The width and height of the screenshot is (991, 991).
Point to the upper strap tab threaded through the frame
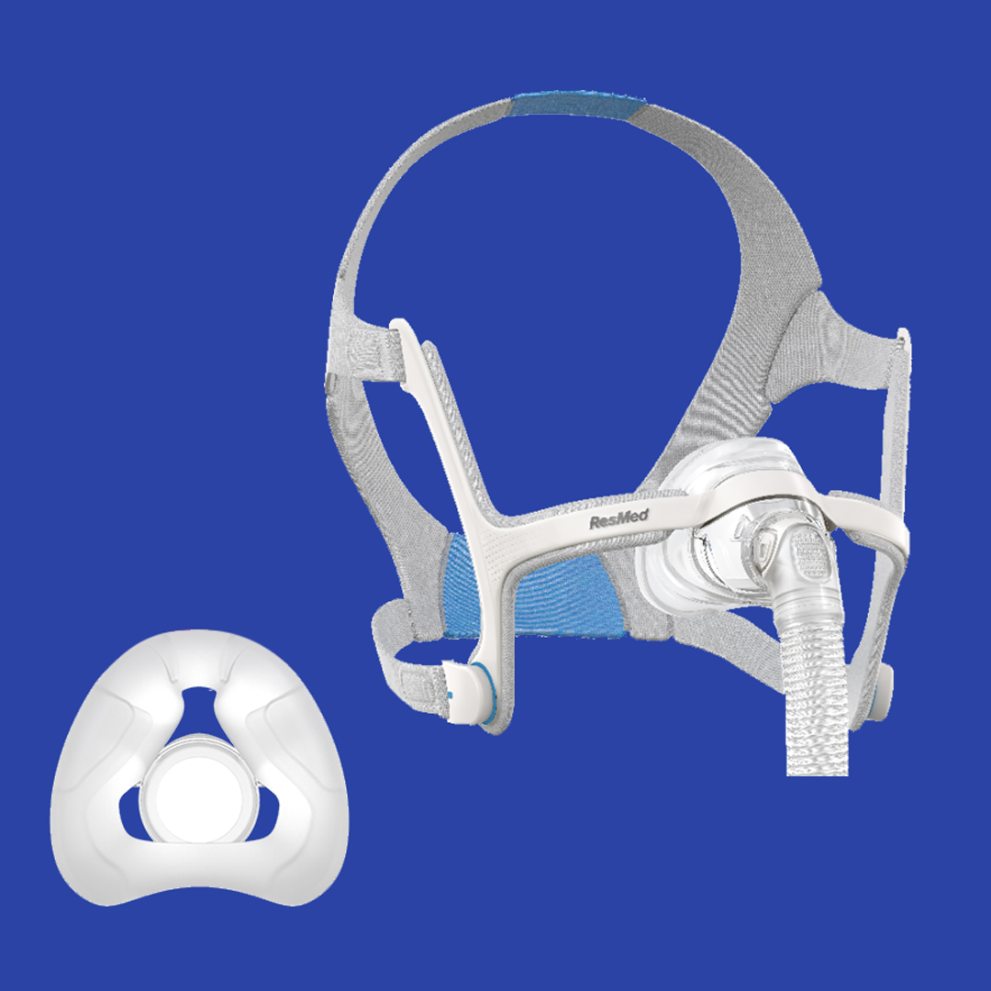click(362, 353)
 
